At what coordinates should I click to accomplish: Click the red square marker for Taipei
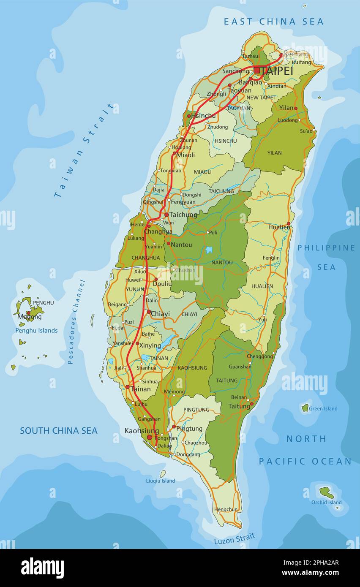256,70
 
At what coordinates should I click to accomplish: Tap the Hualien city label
279,227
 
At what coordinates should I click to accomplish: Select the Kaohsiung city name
142,431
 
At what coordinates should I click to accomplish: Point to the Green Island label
323,408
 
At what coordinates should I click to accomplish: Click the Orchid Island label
326,502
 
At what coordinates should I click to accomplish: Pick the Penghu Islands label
36,330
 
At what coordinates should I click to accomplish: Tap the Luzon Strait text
235,539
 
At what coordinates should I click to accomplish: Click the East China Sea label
273,22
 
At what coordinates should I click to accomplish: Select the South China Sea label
59,431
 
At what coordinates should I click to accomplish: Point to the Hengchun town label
226,509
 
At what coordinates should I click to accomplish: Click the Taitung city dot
251,404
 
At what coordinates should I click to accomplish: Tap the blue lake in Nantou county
209,250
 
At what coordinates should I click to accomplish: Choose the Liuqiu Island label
160,481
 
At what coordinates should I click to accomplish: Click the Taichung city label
183,215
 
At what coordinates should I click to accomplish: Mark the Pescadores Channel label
76,321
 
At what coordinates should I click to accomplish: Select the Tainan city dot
127,386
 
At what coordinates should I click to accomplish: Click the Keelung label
296,54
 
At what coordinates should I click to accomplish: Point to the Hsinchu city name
203,116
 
